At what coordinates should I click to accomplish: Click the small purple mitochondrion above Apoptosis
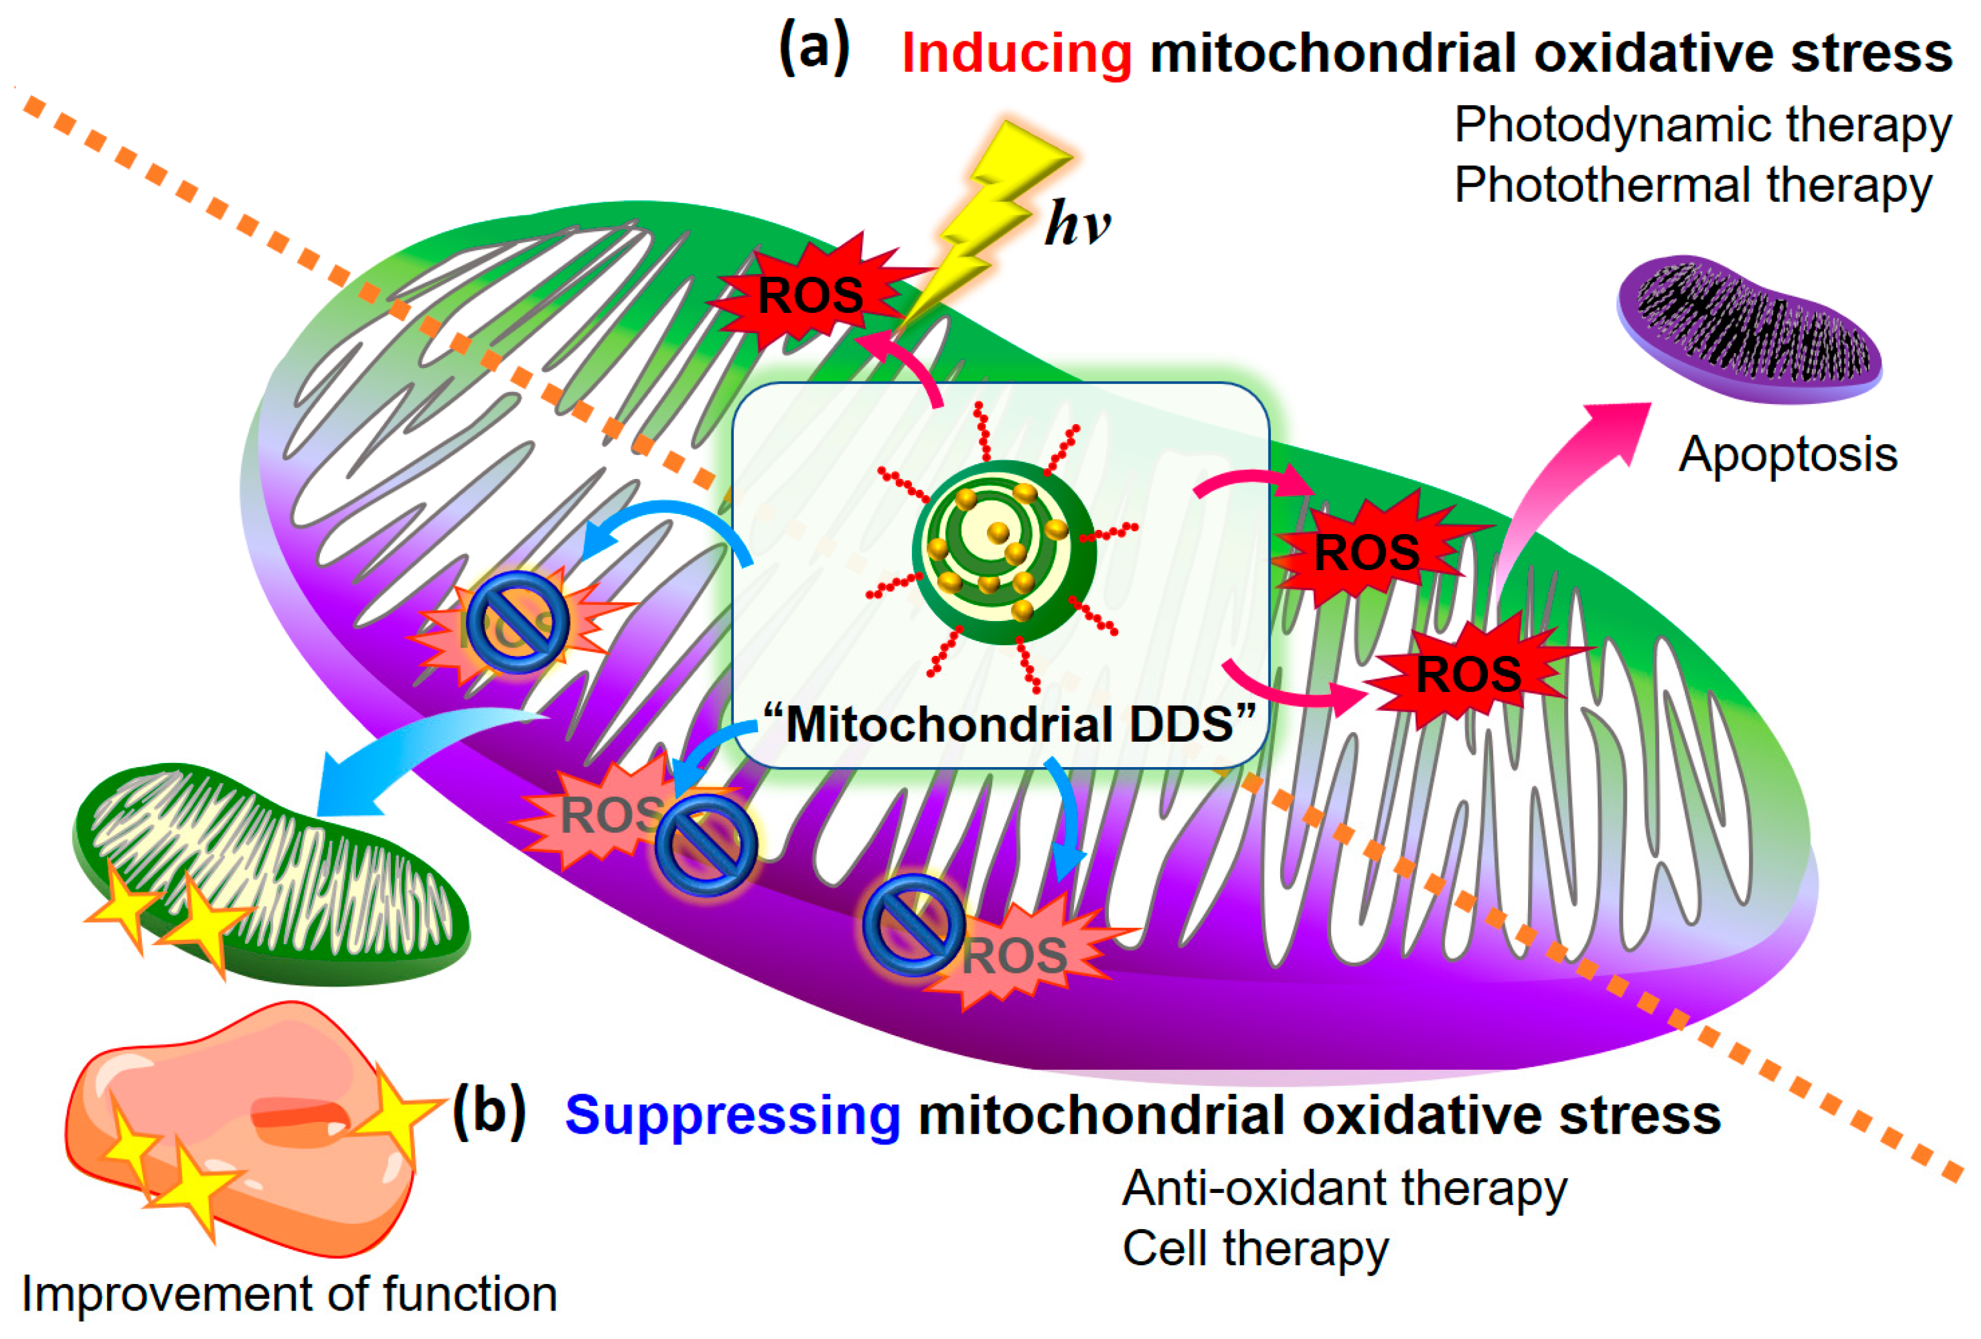pyautogui.click(x=1749, y=328)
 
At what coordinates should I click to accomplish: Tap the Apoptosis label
pyautogui.click(x=1788, y=454)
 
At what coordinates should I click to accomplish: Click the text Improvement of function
pyautogui.click(x=290, y=1294)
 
